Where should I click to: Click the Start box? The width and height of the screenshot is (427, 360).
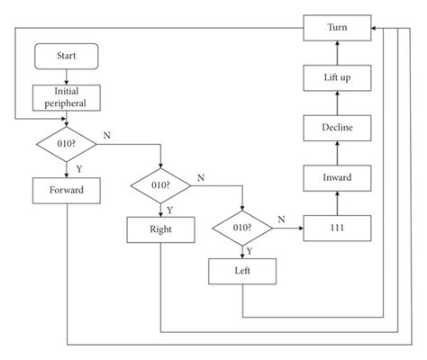click(66, 55)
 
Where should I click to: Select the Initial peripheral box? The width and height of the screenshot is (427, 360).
click(66, 97)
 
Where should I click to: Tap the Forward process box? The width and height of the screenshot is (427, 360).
click(66, 190)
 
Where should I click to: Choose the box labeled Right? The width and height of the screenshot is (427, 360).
click(160, 229)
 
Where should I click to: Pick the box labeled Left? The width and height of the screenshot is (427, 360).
click(242, 269)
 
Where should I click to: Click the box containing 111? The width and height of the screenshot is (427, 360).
click(337, 229)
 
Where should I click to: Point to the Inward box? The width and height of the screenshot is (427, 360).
click(337, 178)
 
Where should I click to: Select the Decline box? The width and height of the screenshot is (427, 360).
click(337, 129)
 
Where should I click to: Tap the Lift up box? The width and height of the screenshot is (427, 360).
click(337, 79)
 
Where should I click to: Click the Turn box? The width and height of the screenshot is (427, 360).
click(337, 29)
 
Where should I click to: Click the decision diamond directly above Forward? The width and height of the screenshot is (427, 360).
click(66, 143)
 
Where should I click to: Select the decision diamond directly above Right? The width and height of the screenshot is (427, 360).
click(160, 186)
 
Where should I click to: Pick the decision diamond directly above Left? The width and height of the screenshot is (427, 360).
click(242, 229)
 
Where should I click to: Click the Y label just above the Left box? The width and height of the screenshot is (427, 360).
click(250, 251)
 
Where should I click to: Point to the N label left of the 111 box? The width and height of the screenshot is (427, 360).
click(281, 220)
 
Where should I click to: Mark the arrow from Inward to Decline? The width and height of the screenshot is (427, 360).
click(337, 153)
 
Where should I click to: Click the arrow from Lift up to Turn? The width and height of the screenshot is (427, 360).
click(337, 53)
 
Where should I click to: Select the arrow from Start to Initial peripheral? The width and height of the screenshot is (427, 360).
click(66, 76)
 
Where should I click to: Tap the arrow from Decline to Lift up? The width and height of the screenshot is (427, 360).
click(337, 103)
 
